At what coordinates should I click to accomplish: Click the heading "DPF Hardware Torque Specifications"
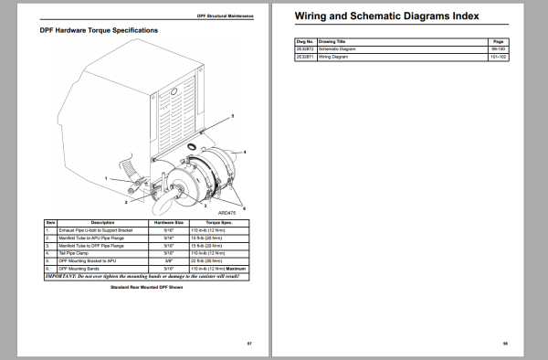point(99,30)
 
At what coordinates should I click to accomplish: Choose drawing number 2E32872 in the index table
point(306,48)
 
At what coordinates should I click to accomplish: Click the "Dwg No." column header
point(306,41)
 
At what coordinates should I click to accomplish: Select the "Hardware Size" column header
point(170,222)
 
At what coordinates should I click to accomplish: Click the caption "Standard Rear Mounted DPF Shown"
point(146,287)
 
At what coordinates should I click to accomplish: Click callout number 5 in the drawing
point(232,116)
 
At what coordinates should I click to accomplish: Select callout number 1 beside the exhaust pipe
point(106,177)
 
